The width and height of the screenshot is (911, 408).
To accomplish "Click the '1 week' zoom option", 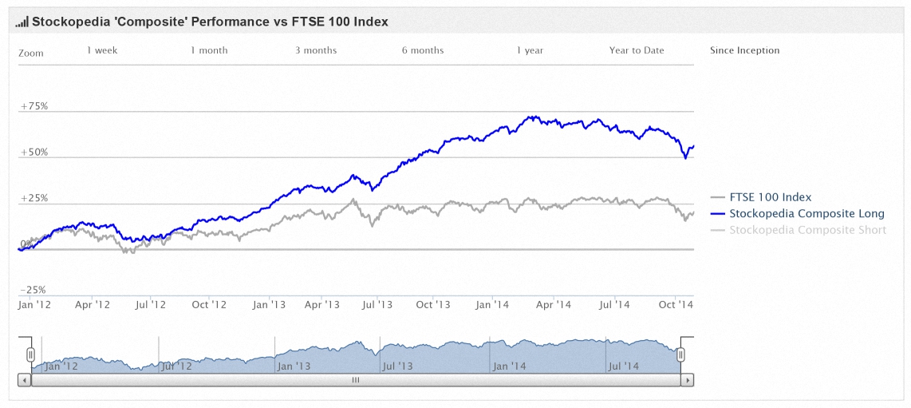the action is [102, 50].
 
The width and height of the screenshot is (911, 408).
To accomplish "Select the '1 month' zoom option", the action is [209, 50].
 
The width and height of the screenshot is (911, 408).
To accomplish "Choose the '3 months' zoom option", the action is [315, 50].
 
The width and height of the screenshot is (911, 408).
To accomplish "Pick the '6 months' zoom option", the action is [422, 50].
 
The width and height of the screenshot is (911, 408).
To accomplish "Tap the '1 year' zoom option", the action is [530, 50].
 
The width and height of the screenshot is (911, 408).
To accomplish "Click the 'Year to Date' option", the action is [637, 50].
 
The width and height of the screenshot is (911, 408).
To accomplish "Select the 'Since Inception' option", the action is [745, 50].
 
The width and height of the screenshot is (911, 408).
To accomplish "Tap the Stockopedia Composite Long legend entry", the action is [798, 213].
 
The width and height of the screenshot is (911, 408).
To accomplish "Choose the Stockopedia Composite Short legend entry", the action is [799, 230].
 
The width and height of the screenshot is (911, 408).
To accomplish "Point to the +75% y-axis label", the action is [34, 106].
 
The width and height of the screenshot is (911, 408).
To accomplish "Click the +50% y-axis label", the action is [34, 153].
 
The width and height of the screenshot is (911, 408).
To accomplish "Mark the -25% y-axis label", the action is [34, 290].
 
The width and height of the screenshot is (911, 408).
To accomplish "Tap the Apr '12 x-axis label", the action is [93, 304].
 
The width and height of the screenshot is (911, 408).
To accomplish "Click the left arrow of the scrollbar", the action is [25, 380].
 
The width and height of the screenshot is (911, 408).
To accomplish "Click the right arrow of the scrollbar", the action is [688, 380].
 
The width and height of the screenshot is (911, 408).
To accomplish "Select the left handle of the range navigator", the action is [31, 355].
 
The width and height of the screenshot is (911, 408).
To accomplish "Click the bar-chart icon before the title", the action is [22, 22].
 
